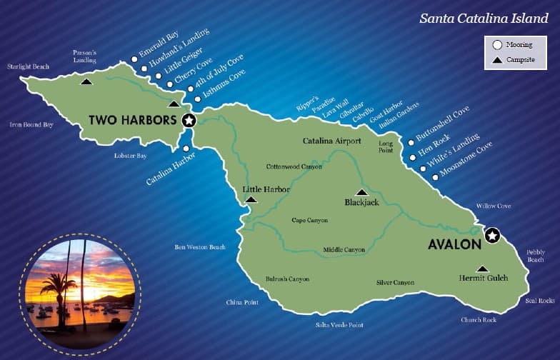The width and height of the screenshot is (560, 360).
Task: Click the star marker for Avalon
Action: click(492, 236)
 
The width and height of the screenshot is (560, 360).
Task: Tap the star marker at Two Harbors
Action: click(189, 121)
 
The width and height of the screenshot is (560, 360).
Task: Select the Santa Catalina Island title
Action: click(484, 18)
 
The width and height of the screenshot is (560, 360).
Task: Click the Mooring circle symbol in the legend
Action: click(497, 45)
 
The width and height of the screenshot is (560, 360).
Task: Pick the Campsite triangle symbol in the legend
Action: click(497, 60)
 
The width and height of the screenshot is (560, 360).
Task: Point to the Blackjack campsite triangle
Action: click(361, 192)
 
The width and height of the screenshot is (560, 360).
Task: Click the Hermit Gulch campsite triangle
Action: click(483, 269)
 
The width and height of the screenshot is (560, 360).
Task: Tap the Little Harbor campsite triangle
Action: click(251, 199)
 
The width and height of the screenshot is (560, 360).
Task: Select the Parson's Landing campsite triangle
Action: click(86, 81)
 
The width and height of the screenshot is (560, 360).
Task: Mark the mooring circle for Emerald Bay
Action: click(134, 60)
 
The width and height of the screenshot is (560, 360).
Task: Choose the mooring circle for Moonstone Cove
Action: click(435, 176)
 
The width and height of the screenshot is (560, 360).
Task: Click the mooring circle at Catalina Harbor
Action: click(186, 149)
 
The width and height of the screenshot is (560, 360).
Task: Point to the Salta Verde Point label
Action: click(339, 325)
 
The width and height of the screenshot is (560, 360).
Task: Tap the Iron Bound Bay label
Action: click(31, 124)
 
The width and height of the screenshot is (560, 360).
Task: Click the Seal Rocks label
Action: click(539, 301)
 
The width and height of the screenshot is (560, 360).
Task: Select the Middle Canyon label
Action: click(344, 250)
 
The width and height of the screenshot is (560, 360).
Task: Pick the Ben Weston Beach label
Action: click(200, 247)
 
